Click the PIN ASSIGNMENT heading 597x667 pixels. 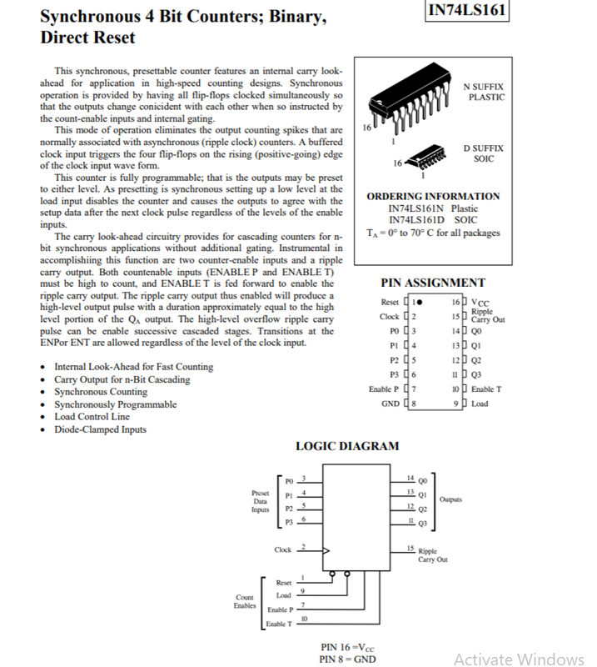[432, 283]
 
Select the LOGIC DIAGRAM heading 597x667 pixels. [347, 446]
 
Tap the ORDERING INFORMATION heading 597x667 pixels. [433, 196]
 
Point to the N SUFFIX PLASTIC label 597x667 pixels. [484, 92]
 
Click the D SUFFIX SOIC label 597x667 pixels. [483, 153]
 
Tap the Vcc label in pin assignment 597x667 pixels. [480, 303]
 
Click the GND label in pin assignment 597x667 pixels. [390, 404]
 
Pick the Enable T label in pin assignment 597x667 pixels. [486, 389]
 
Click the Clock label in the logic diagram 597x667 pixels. [283, 550]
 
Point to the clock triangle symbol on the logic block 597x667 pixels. [326, 550]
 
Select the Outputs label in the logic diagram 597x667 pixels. [450, 500]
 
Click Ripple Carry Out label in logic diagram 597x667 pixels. [432, 555]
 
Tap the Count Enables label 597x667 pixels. [245, 601]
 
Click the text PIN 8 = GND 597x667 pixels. [347, 659]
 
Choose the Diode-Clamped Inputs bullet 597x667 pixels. [100, 429]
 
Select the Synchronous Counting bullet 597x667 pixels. [101, 392]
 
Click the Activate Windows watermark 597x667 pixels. [520, 659]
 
